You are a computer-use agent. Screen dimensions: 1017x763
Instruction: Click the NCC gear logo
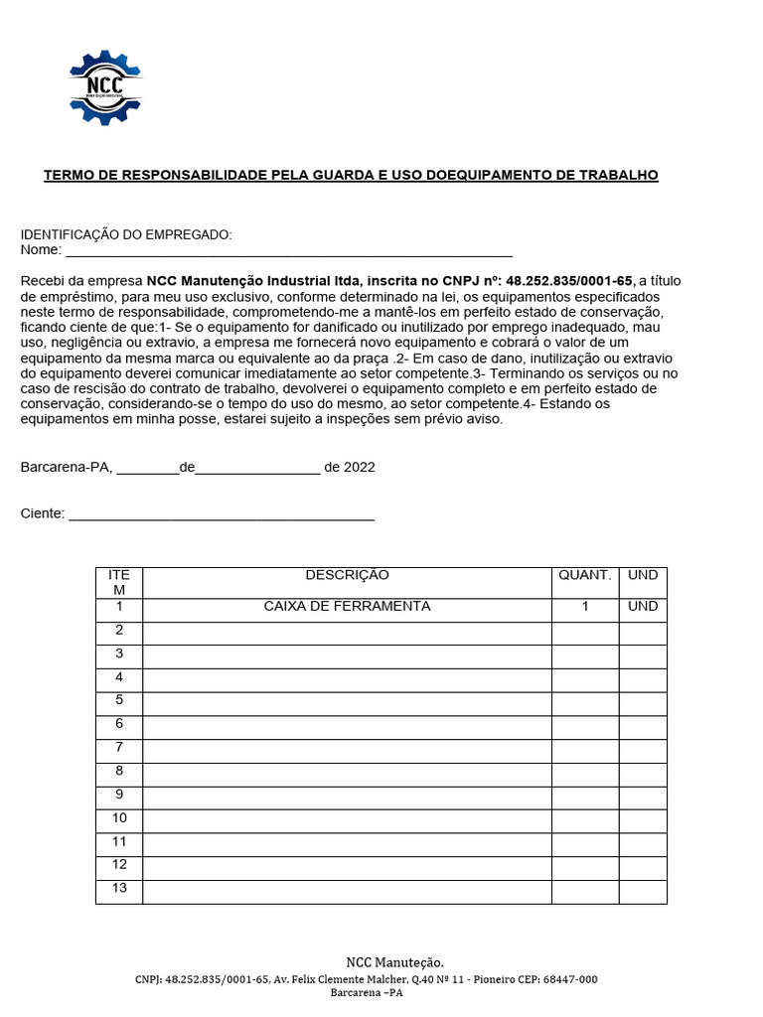pos(105,87)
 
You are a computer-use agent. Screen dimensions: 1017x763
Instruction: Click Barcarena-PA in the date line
pos(66,467)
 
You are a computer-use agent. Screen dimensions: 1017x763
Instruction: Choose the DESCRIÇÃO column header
pos(347,575)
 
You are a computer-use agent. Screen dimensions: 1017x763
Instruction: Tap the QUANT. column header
pos(585,575)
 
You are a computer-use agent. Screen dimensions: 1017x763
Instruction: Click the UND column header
pos(643,575)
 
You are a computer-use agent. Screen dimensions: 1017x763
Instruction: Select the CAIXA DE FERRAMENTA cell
pos(347,607)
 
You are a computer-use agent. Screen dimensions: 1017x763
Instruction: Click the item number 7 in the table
pos(119,747)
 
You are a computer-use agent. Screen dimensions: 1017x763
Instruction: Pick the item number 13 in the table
pos(119,888)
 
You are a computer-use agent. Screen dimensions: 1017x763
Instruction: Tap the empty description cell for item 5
pos(347,704)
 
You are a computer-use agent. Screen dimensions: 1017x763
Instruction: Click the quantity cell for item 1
pos(585,607)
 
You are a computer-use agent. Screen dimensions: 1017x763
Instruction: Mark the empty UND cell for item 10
pos(643,821)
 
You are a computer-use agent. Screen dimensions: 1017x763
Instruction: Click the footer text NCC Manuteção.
pos(394,962)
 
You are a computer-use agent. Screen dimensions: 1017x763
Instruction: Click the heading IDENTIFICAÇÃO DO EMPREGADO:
pos(126,234)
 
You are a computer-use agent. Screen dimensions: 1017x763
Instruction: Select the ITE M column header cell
pos(119,582)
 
